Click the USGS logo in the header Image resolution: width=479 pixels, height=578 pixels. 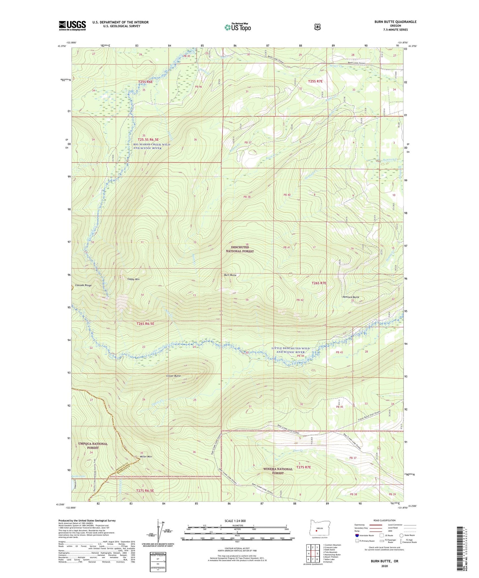coord(72,25)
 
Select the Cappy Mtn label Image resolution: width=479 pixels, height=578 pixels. coord(133,279)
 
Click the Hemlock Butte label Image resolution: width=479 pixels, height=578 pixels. coord(351,297)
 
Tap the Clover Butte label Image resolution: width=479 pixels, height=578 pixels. coord(173,376)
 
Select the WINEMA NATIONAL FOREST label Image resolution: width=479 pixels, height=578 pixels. coord(278,471)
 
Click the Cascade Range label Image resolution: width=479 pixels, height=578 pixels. coord(83,285)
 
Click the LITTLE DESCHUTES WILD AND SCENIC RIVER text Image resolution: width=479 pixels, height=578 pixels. coord(291,350)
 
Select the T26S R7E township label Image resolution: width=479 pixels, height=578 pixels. coord(319,283)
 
